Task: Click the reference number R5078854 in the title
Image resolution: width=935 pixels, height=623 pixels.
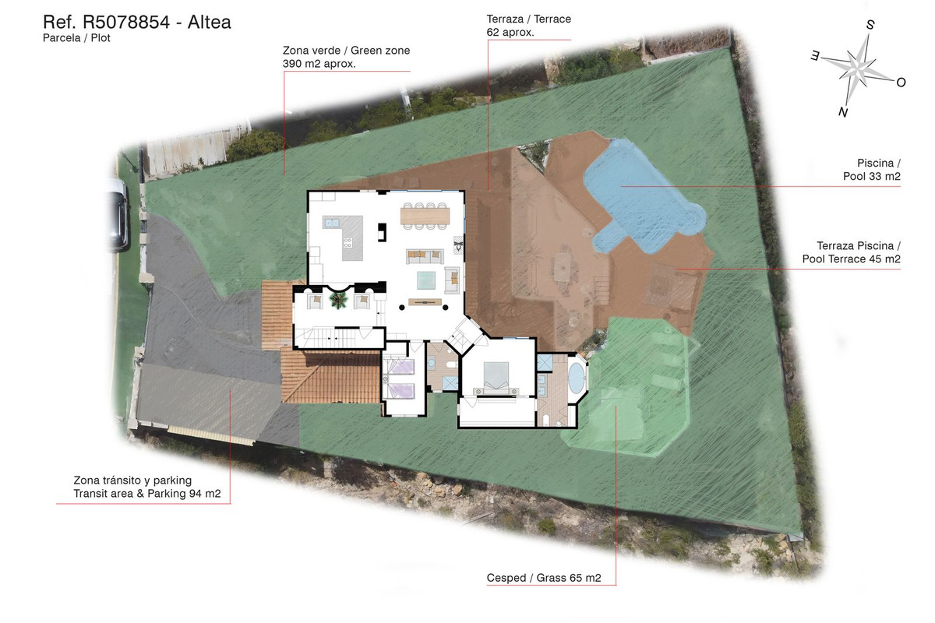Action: tap(126, 22)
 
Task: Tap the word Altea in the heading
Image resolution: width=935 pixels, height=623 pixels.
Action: tap(209, 22)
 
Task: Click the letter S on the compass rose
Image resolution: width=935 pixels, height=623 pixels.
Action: tap(870, 25)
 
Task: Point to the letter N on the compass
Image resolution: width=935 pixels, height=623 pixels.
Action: tap(843, 112)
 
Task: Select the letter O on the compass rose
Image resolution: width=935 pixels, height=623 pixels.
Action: tap(901, 83)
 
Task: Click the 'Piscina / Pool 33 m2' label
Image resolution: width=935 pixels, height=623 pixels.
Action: tap(872, 170)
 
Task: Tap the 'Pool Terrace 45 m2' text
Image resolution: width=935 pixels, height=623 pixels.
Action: tap(851, 259)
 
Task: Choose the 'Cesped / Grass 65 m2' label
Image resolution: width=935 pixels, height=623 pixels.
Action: tap(544, 578)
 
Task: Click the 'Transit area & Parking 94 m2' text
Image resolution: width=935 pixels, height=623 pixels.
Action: tap(147, 494)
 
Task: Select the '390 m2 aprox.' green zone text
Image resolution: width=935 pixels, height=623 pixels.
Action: tap(319, 64)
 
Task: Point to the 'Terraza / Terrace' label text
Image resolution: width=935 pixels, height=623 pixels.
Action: tap(528, 19)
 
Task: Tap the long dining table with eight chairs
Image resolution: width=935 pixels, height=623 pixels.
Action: tap(425, 216)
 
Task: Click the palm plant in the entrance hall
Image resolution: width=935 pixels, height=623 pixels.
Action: tap(337, 300)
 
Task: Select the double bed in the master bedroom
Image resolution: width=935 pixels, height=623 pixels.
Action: tap(496, 377)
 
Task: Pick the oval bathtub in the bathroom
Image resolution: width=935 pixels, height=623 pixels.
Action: tap(576, 377)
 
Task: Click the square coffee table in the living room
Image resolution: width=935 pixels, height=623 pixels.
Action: tap(426, 280)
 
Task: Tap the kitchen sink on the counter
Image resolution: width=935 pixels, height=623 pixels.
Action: tap(331, 223)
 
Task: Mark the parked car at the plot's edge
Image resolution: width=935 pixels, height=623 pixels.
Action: tap(119, 215)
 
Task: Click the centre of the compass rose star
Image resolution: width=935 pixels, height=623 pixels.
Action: tap(857, 69)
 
